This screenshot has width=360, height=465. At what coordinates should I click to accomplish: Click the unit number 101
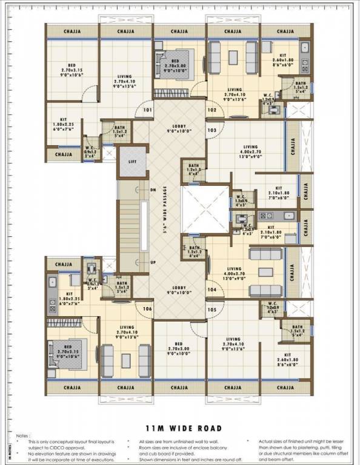tap(147, 110)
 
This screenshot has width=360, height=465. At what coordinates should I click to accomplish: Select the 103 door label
tap(212, 130)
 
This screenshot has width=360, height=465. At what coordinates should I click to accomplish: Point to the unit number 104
tap(212, 290)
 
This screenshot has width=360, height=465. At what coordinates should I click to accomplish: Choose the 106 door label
tap(147, 309)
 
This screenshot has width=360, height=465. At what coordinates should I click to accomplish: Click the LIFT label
tap(133, 162)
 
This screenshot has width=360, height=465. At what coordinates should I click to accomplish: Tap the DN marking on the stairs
tap(153, 190)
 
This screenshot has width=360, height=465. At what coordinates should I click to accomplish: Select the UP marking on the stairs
tap(153, 262)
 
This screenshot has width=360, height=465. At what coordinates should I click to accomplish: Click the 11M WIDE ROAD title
tap(179, 428)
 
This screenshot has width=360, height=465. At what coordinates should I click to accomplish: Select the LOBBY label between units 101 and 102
tap(180, 129)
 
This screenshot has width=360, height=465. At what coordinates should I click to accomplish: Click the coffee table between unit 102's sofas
tap(233, 57)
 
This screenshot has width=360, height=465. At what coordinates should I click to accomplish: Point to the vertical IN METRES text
tap(10, 452)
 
